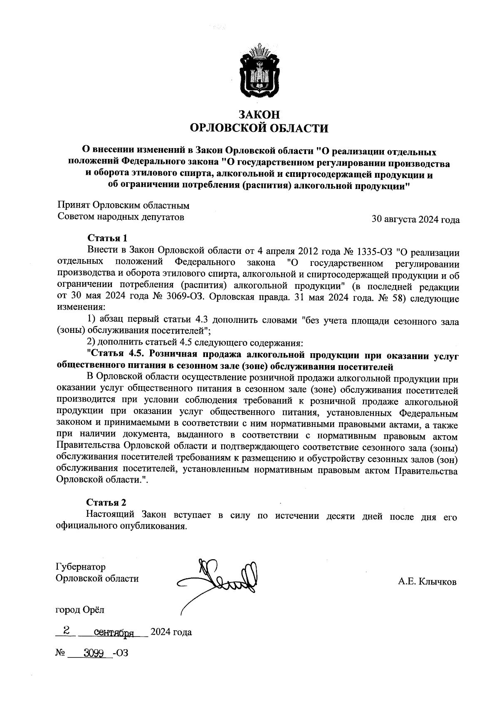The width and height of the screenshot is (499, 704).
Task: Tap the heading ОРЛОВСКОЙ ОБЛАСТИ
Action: click(x=259, y=128)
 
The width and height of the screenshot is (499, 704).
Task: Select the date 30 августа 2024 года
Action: click(x=415, y=220)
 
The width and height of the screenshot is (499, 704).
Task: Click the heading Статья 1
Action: click(x=107, y=238)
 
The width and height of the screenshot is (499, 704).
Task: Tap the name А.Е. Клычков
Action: click(x=427, y=582)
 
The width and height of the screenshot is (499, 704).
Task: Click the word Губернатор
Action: click(x=81, y=567)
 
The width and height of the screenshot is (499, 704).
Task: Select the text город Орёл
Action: click(x=80, y=610)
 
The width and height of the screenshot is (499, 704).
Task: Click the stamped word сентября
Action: click(x=114, y=633)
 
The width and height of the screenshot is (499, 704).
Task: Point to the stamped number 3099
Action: click(x=93, y=653)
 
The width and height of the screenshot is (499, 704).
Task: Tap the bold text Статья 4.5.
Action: click(x=116, y=355)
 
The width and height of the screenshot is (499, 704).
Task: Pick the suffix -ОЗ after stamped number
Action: click(x=120, y=653)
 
